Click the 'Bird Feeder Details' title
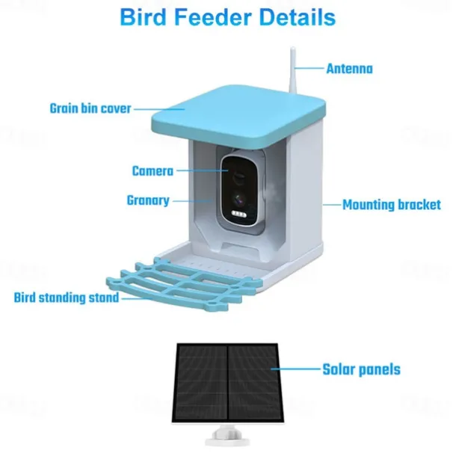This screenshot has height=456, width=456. click(228, 17)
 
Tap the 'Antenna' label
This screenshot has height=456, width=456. click(349, 69)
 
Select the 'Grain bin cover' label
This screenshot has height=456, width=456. click(90, 108)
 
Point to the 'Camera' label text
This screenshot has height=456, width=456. click(152, 171)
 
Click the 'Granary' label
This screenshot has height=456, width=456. click(148, 200)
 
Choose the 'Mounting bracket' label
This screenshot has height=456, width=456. click(392, 205)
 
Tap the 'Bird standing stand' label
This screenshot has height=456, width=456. click(67, 298)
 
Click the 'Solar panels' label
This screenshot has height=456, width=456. click(362, 369)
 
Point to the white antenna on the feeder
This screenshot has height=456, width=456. click(292, 73)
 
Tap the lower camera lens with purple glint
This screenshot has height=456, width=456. click(239, 199)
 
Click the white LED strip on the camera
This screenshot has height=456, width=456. click(238, 215)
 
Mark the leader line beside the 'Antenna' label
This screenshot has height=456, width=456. click(309, 69)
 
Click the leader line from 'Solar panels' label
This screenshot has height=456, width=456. click(296, 369)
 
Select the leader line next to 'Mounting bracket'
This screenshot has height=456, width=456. click(331, 205)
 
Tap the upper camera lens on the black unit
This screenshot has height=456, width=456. click(238, 177)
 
